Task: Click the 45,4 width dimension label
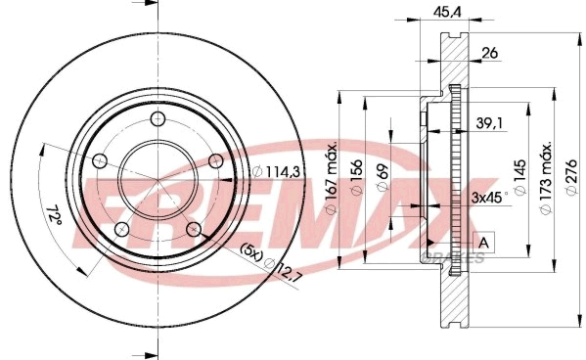447,12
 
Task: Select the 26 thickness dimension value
489,53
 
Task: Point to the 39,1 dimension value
490,122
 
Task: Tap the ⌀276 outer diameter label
571,177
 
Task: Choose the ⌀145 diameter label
520,177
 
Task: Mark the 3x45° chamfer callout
489,197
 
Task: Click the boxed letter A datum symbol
484,243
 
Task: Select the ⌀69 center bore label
383,177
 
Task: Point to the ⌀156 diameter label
357,177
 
